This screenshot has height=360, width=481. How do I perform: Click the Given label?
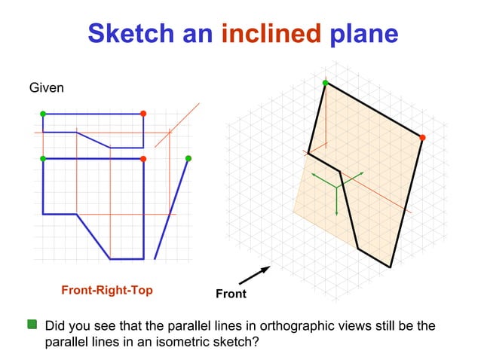(46, 88)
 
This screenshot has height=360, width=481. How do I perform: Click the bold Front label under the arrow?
(231, 294)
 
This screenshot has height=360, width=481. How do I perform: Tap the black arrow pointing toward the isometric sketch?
(255, 275)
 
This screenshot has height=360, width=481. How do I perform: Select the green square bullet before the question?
(32, 325)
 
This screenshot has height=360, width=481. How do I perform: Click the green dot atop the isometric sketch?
(325, 83)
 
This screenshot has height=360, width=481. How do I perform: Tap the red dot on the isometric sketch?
(422, 137)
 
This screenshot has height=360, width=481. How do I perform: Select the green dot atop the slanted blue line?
(188, 158)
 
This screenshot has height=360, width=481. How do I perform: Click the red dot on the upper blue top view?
(143, 114)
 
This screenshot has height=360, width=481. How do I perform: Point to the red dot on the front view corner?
(143, 159)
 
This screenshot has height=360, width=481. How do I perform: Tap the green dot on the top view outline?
(43, 114)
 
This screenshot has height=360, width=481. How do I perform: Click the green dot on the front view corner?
(43, 159)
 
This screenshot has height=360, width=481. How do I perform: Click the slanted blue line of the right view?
(171, 209)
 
